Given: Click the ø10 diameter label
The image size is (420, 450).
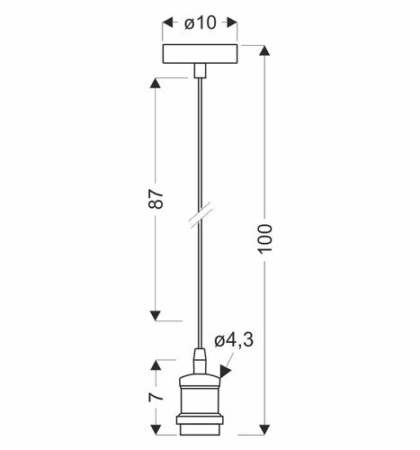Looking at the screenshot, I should click(200, 24).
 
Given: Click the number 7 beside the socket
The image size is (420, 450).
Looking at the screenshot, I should click(156, 396).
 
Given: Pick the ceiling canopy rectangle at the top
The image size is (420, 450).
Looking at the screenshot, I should click(199, 55).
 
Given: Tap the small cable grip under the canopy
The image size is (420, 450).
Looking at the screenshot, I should click(199, 71).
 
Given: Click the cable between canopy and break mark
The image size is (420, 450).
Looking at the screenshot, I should click(199, 144).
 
